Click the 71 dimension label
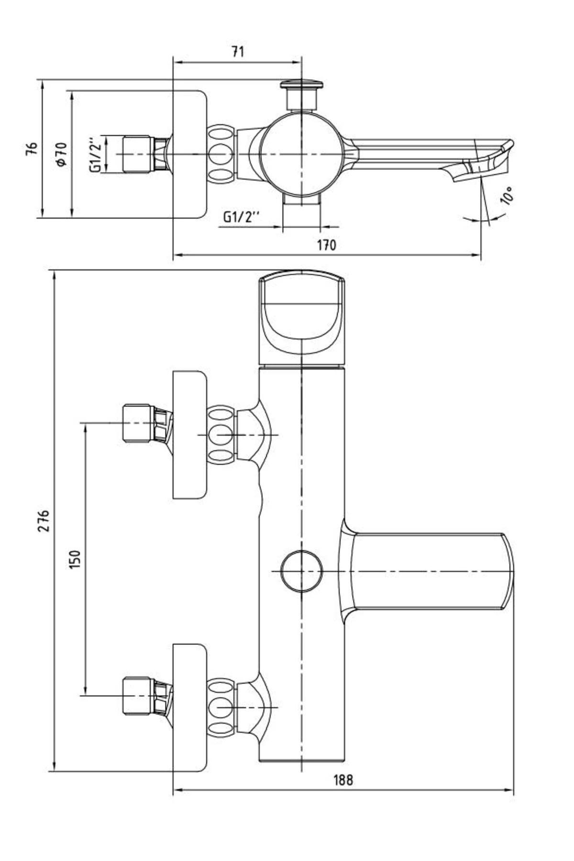[x=238, y=52]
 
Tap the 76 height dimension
[x=32, y=148]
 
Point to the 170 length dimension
[x=327, y=245]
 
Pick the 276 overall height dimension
[x=44, y=520]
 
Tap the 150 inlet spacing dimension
[x=76, y=559]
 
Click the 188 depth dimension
[x=343, y=793]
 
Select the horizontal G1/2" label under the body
[x=242, y=217]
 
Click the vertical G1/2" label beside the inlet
[x=95, y=155]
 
